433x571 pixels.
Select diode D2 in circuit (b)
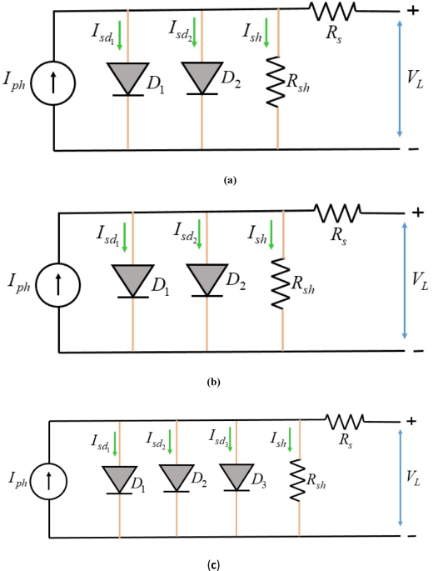tap(205, 279)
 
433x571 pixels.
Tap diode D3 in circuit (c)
tap(236, 478)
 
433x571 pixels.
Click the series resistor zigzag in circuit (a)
tap(332, 10)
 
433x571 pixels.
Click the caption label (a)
tap(230, 179)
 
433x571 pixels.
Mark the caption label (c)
tap(214, 564)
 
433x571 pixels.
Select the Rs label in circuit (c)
tap(343, 438)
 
